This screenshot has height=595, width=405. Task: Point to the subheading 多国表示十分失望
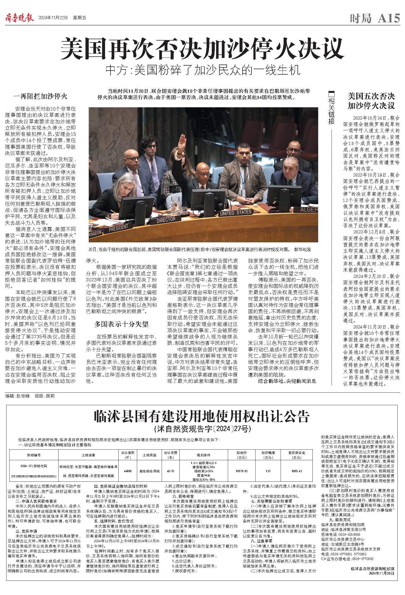(x=121, y=324)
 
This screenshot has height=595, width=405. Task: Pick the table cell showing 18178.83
(x=242, y=471)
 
